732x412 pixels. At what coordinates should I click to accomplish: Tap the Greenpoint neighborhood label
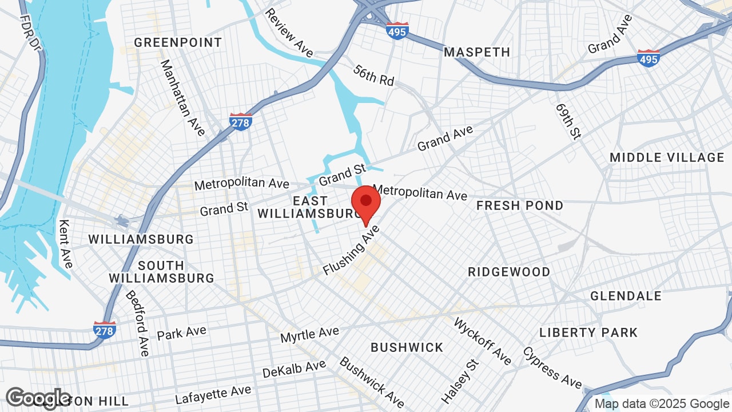[x=178, y=42]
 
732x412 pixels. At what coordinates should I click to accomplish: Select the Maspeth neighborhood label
[x=477, y=52]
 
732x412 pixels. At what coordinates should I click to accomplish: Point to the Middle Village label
[x=667, y=157]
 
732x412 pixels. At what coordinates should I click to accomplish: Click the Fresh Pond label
[x=520, y=205]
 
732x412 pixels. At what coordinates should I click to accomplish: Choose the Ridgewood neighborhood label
[x=509, y=272]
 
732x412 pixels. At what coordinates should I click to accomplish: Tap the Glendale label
[x=626, y=296]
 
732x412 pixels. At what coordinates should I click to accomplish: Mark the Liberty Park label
[x=588, y=332]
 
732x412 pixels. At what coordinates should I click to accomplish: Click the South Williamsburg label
[x=161, y=272]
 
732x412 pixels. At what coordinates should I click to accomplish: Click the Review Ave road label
[x=289, y=33]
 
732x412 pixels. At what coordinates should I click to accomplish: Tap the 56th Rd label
[x=374, y=76]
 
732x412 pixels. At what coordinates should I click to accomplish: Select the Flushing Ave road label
[x=351, y=250]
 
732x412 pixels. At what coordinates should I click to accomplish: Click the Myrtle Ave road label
[x=309, y=334]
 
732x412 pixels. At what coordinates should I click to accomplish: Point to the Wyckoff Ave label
[x=482, y=341]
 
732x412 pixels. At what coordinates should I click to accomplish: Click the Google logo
[x=38, y=398]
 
